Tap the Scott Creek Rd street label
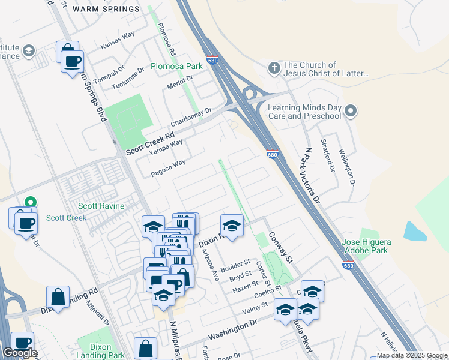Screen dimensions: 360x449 click(149, 144)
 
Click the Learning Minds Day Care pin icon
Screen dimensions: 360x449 click(352, 111)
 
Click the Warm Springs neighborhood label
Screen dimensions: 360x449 click(106, 9)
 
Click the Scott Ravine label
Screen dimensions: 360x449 click(102, 206)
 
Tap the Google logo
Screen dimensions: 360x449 click(20, 353)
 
